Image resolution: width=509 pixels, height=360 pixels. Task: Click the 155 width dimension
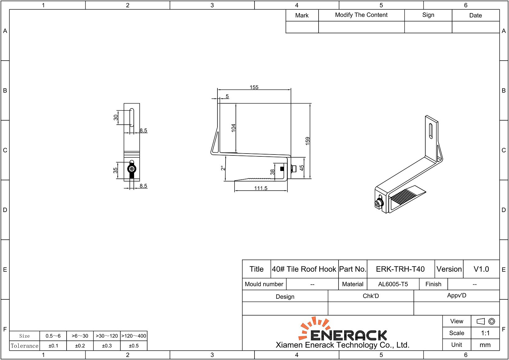pyautogui.click(x=254, y=87)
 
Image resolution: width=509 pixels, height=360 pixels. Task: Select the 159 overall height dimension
pyautogui.click(x=308, y=141)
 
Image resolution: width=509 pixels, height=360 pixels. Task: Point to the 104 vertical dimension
pyautogui.click(x=233, y=128)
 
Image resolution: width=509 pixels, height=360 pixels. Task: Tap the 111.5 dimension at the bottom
pyautogui.click(x=260, y=188)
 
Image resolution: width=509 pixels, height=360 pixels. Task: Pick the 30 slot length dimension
pyautogui.click(x=116, y=117)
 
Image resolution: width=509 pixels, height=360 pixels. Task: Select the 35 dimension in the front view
pyautogui.click(x=115, y=170)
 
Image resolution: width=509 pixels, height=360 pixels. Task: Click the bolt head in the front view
pyautogui.click(x=132, y=169)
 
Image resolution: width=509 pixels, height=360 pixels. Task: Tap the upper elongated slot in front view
pyautogui.click(x=132, y=117)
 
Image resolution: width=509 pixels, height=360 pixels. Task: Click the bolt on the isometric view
pyautogui.click(x=378, y=204)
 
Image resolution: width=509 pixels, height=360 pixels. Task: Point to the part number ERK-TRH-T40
pyautogui.click(x=400, y=269)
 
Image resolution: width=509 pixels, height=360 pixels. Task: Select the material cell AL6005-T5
pyautogui.click(x=393, y=284)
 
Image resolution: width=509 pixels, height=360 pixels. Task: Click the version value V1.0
pyautogui.click(x=481, y=269)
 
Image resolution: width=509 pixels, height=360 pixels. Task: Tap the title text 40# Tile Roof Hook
pyautogui.click(x=304, y=269)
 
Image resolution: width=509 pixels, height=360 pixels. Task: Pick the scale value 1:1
pyautogui.click(x=485, y=333)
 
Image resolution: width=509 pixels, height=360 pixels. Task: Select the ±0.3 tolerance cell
pyautogui.click(x=107, y=346)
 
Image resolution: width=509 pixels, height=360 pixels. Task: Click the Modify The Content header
pyautogui.click(x=361, y=15)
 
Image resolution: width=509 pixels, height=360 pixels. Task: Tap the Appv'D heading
pyautogui.click(x=456, y=295)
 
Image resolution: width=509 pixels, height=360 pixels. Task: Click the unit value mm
pyautogui.click(x=485, y=345)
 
